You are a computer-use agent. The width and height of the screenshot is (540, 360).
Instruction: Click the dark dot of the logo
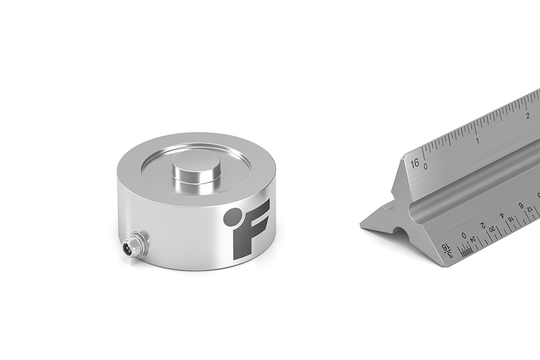pyautogui.click(x=232, y=217)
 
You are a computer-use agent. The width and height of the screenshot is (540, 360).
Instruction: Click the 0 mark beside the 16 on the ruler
pyautogui.click(x=425, y=166)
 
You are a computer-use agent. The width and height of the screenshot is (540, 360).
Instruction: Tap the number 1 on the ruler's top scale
pyautogui.click(x=477, y=140)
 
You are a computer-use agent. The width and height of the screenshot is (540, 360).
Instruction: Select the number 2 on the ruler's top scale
pyautogui.click(x=528, y=115)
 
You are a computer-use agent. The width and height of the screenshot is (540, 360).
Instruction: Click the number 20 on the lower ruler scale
pyautogui.click(x=492, y=229)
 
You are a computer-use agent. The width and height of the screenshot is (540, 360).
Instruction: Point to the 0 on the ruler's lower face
pyautogui.click(x=464, y=235)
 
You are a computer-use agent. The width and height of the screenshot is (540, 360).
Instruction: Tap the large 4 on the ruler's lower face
pyautogui.click(x=502, y=215)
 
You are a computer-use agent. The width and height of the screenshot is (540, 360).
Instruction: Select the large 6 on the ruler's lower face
pyautogui.click(x=521, y=205)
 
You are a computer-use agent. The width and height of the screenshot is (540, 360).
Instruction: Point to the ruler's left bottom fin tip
pyautogui.click(x=363, y=225)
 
